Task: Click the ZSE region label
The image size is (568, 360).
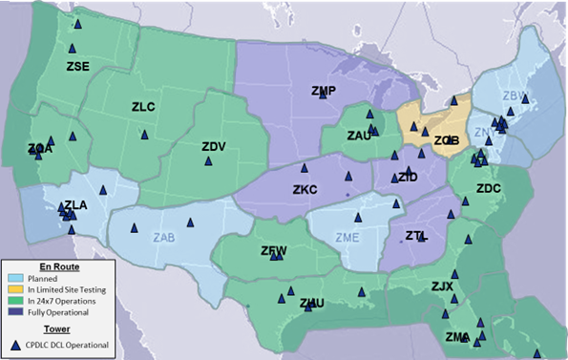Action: [78, 67]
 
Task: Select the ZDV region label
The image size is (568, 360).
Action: [214, 146]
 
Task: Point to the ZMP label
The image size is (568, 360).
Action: [324, 92]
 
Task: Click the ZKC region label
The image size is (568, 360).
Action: [305, 190]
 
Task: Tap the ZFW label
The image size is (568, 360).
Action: [274, 251]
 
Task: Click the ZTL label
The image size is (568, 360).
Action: [416, 236]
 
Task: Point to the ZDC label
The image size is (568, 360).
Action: [488, 189]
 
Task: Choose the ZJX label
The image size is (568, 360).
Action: [443, 286]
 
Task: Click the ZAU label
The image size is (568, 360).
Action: [359, 137]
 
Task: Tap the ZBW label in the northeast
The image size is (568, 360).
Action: [515, 95]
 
